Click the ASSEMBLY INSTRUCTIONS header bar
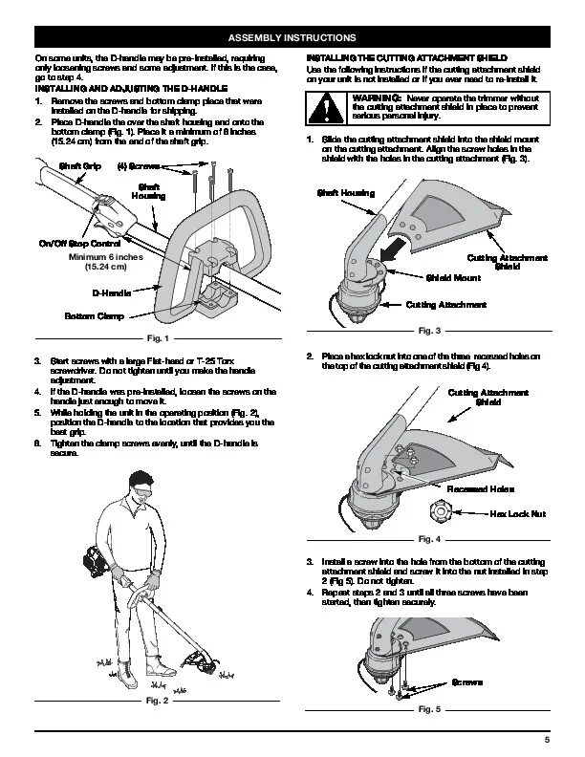click(x=292, y=38)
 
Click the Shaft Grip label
click(x=80, y=166)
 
